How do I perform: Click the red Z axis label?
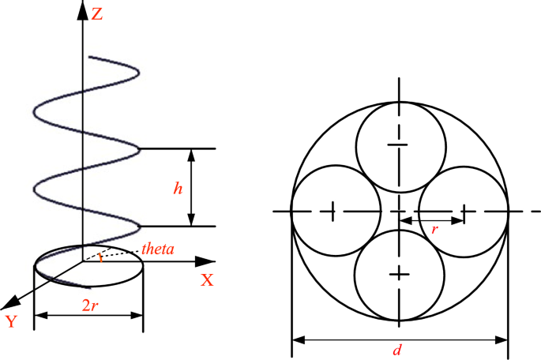pos(97,13)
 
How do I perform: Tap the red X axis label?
pos(208,279)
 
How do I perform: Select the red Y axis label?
pos(12,321)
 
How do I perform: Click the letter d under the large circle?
pos(397,351)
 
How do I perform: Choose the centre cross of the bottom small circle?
pos(400,273)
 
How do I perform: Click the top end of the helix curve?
pos(92,58)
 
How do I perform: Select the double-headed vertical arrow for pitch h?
pos(192,187)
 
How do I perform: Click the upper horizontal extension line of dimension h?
pos(178,148)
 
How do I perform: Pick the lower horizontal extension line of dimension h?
pos(178,227)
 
